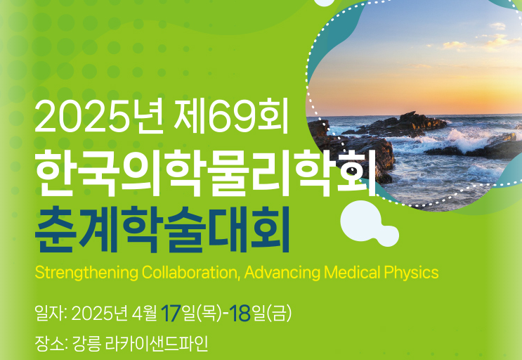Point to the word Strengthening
click(86, 273)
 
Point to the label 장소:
click(51, 344)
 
